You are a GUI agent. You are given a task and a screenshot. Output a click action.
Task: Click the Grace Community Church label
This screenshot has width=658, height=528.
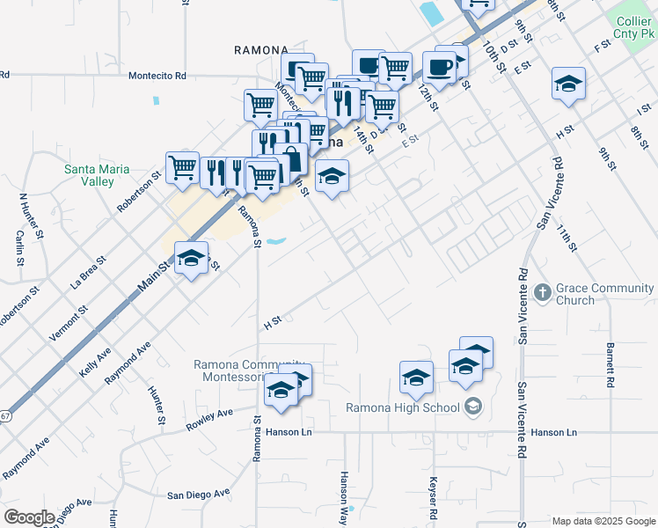click(606, 294)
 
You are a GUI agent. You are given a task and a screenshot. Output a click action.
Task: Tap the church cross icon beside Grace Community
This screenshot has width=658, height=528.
click(542, 291)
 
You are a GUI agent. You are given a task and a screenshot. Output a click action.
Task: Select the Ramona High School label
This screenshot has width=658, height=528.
click(402, 407)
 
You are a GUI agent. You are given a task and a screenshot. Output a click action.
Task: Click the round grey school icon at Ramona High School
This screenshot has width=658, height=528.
click(473, 407)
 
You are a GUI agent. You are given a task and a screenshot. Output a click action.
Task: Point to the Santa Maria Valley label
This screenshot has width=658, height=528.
click(97, 175)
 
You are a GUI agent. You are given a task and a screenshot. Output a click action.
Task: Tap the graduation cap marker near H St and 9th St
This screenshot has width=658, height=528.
click(568, 84)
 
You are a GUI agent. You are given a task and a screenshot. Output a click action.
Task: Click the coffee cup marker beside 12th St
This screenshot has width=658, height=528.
click(439, 66)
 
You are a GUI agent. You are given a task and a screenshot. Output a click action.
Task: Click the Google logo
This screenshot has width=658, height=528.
click(30, 517)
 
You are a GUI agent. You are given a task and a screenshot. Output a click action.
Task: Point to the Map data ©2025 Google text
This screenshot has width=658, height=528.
click(603, 521)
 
